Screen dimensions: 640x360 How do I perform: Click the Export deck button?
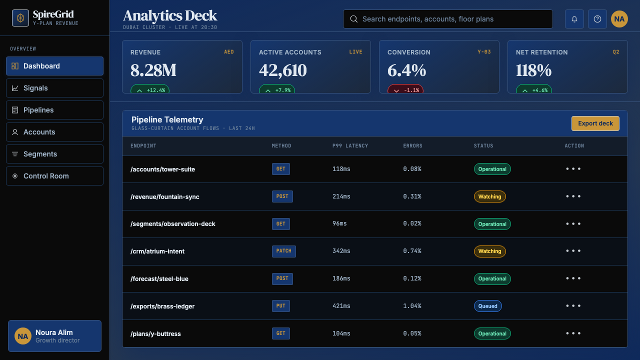(595, 123)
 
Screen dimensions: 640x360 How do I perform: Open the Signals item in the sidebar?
(54, 88)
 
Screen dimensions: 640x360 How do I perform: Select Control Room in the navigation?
(54, 176)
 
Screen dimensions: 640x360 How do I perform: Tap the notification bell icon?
(574, 19)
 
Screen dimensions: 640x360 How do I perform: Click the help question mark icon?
(597, 19)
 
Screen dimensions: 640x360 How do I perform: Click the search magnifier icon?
(353, 19)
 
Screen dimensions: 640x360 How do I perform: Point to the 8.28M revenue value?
(153, 70)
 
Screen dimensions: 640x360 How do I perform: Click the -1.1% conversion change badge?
(405, 89)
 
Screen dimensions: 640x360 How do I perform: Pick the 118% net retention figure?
(533, 70)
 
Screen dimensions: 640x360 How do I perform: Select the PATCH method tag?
(283, 251)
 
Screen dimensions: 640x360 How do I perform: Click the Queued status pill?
(487, 306)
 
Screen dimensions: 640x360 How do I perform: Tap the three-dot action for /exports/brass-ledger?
(573, 305)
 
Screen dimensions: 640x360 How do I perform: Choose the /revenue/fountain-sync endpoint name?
(165, 196)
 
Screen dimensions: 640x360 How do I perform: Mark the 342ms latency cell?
(341, 251)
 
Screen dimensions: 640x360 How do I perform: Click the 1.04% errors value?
(412, 305)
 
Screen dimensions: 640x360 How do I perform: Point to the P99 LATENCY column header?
(350, 145)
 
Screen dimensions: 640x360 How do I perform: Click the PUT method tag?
(281, 306)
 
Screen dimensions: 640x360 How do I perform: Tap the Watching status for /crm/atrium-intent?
(489, 251)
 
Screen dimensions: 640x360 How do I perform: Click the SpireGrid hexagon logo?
(20, 18)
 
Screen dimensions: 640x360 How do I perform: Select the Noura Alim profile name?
(54, 332)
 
